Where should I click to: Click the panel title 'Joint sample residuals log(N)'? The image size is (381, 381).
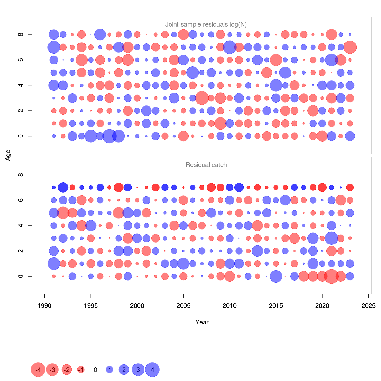click(206, 24)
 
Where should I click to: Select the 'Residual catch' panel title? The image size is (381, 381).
click(206, 165)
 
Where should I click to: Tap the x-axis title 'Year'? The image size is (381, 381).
click(202, 322)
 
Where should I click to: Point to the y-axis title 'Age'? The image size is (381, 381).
click(8, 155)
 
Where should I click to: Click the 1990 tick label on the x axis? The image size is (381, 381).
click(44, 306)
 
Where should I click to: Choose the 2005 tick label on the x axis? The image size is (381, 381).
click(183, 306)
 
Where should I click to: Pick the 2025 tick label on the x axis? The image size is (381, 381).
click(368, 306)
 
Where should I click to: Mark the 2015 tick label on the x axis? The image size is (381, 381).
click(276, 306)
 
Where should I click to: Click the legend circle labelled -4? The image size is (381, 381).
click(38, 370)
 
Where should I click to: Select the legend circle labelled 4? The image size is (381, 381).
click(152, 370)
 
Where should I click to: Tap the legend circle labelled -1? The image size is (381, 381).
click(81, 370)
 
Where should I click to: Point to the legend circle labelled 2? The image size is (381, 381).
click(124, 370)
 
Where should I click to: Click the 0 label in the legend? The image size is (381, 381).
click(95, 370)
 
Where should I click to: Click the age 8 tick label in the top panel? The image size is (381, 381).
click(21, 34)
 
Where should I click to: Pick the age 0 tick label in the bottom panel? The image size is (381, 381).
click(21, 276)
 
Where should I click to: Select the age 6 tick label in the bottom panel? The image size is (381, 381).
click(21, 200)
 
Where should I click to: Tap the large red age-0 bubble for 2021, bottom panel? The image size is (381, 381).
click(331, 276)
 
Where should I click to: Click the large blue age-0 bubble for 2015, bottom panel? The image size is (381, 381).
click(276, 276)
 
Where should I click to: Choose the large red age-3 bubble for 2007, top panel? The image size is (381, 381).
click(202, 98)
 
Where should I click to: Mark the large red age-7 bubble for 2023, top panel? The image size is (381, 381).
click(350, 47)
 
